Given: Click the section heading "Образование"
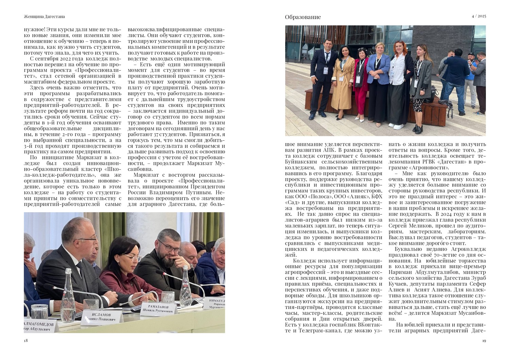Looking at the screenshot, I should [x=303, y=17].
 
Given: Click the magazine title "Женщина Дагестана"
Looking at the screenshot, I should [x=45, y=16].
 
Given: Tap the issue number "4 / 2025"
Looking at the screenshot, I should [x=479, y=16].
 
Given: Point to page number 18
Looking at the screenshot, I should [x=26, y=341].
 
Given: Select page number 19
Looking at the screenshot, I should [x=484, y=341].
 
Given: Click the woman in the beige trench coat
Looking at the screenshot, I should [x=342, y=85].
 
